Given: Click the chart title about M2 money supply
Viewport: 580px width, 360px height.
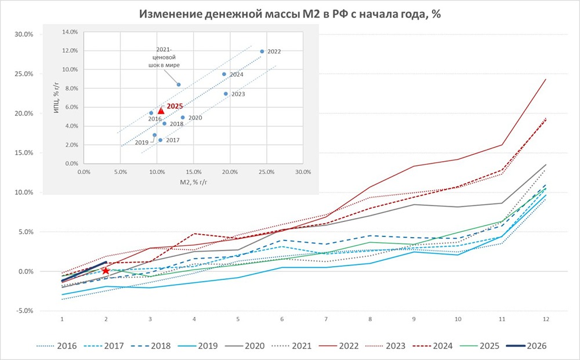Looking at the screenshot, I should (x=290, y=14).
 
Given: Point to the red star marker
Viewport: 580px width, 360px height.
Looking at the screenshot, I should (x=106, y=271).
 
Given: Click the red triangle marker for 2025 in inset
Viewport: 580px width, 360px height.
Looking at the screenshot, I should (x=161, y=110).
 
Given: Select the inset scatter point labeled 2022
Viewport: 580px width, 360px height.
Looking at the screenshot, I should (x=262, y=51).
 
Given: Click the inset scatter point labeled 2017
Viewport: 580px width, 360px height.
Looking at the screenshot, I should (x=160, y=140).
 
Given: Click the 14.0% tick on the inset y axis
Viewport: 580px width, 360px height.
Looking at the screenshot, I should (x=70, y=32).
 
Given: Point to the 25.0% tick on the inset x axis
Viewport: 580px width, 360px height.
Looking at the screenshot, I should (x=266, y=172).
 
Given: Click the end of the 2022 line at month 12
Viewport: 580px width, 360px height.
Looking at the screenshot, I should (x=546, y=79).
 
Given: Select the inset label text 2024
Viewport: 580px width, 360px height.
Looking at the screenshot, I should (x=237, y=75).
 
